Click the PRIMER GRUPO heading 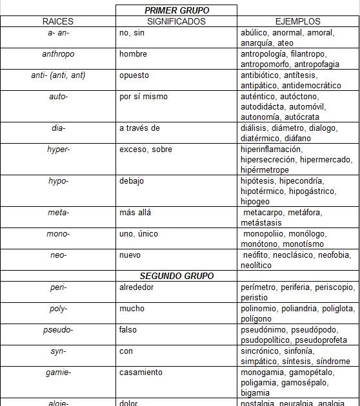click(176, 11)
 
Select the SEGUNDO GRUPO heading click(176, 276)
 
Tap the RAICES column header click(58, 21)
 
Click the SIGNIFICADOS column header click(176, 21)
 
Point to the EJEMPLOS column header click(298, 21)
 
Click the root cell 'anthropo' click(58, 54)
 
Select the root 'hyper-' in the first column click(58, 150)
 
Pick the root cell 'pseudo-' click(58, 330)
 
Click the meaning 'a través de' click(139, 128)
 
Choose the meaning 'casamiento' click(141, 372)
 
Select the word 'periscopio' click(334, 287)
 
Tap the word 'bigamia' click(255, 393)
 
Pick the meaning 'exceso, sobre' click(145, 150)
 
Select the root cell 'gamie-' click(58, 372)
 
